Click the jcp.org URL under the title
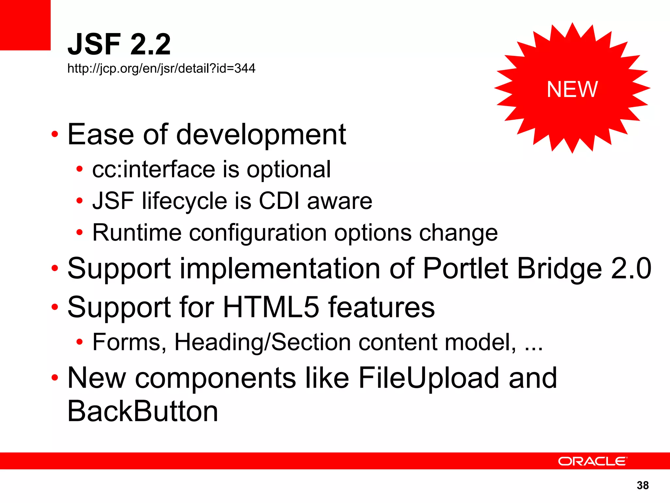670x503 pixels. tap(161, 68)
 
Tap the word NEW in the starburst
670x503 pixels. tap(572, 89)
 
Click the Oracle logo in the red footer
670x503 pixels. tap(592, 461)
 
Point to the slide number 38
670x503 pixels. tap(643, 485)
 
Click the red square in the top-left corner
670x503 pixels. tap(25, 25)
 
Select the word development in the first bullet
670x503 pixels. tap(261, 135)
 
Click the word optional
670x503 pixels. tap(289, 170)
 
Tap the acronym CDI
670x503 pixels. tap(279, 201)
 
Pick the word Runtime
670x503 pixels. tap(137, 233)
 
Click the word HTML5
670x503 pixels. tap(271, 307)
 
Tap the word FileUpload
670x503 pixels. tap(430, 378)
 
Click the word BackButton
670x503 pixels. tap(143, 411)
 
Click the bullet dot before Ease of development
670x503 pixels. tap(55, 134)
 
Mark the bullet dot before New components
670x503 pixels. tap(55, 378)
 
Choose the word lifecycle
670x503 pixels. tap(185, 201)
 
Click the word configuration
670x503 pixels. tap(258, 233)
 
